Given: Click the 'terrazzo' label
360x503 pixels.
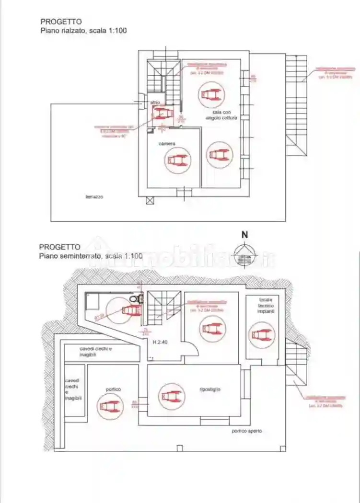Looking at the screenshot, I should (94, 196).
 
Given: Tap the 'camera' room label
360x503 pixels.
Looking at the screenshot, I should (167, 143).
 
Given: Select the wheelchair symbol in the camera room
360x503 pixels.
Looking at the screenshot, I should (177, 160).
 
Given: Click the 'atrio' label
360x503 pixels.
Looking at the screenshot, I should (155, 102).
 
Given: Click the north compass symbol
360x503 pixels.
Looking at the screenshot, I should (244, 255).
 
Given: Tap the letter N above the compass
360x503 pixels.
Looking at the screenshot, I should (244, 235).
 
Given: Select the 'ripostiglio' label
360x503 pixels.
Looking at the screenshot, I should (210, 389).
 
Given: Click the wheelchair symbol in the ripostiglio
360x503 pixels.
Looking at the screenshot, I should (171, 396).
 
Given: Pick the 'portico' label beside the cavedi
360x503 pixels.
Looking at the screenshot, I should (114, 389).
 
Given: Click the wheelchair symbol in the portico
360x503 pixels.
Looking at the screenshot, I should (108, 406).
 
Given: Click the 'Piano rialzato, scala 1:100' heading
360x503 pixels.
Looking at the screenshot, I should (83, 30).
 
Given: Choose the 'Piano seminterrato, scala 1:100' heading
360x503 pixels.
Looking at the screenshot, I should (91, 256).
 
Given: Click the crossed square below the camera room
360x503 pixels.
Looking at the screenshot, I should (150, 201).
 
